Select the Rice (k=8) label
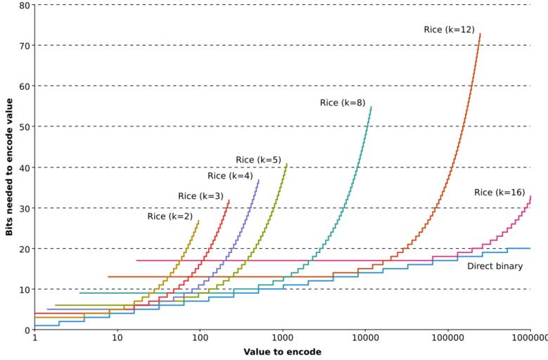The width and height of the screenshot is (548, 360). coord(343,103)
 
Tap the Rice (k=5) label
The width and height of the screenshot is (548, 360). coord(258,160)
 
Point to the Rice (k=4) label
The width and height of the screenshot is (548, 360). coord(230,176)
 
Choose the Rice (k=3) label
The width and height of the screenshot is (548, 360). coord(200,196)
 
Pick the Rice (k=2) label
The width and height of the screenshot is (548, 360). coord(170,217)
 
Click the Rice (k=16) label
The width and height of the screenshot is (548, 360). coord(499,193)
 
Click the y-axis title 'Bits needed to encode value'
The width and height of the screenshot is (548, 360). coord(9,167)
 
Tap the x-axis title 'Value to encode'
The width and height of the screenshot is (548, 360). coord(282,352)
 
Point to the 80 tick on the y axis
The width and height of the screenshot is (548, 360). coord(25,5)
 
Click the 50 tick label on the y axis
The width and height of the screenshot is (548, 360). coord(25,127)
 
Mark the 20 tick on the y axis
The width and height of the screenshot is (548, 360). coord(25,248)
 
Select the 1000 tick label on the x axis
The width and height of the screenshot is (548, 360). coord(283,338)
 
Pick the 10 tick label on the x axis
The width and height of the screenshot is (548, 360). coord(117,338)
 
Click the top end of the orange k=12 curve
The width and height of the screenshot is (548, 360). coord(480,34)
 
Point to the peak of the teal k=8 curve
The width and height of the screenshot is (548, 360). coord(371,107)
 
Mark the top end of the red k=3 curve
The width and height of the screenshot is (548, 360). coord(229,200)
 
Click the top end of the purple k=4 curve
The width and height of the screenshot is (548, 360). coord(258,180)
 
